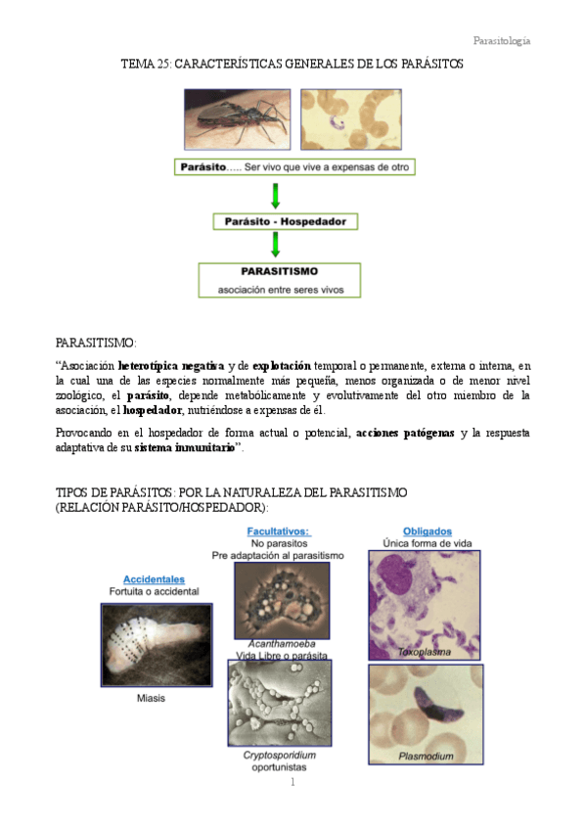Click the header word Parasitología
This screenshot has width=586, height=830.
tap(502, 40)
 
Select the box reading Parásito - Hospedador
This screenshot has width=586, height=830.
tap(285, 222)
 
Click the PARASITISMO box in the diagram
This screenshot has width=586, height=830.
tap(279, 279)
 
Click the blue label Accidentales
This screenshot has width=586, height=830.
tap(154, 579)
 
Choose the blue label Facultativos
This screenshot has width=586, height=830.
tap(279, 530)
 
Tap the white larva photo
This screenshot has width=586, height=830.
tap(156, 644)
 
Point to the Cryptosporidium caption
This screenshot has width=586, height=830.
tap(279, 755)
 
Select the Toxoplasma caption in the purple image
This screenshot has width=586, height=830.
tap(422, 651)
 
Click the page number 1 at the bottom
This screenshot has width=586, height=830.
tap(292, 783)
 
